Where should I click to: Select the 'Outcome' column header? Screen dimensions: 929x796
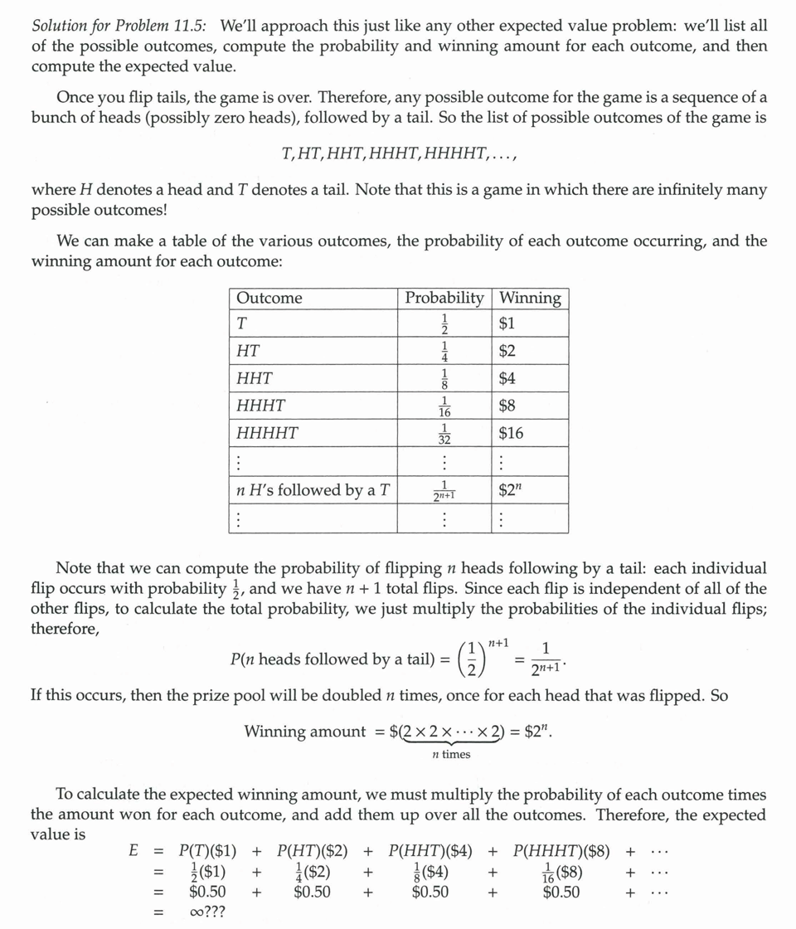(269, 298)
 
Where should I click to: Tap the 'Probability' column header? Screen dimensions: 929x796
(444, 298)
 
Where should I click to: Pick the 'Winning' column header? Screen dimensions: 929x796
(530, 298)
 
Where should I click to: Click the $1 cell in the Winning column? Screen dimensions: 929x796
(507, 323)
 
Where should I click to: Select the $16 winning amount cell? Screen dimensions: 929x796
(511, 433)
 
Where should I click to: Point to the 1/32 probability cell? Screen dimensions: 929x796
(444, 434)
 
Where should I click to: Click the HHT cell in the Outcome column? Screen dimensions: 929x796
(255, 378)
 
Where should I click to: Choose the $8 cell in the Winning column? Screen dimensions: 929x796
(507, 406)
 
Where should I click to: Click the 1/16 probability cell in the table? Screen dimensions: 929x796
(444, 406)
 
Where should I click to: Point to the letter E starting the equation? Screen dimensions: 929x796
(133, 851)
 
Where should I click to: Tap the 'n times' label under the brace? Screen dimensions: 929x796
(451, 754)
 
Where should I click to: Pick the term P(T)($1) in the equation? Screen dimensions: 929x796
(208, 851)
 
